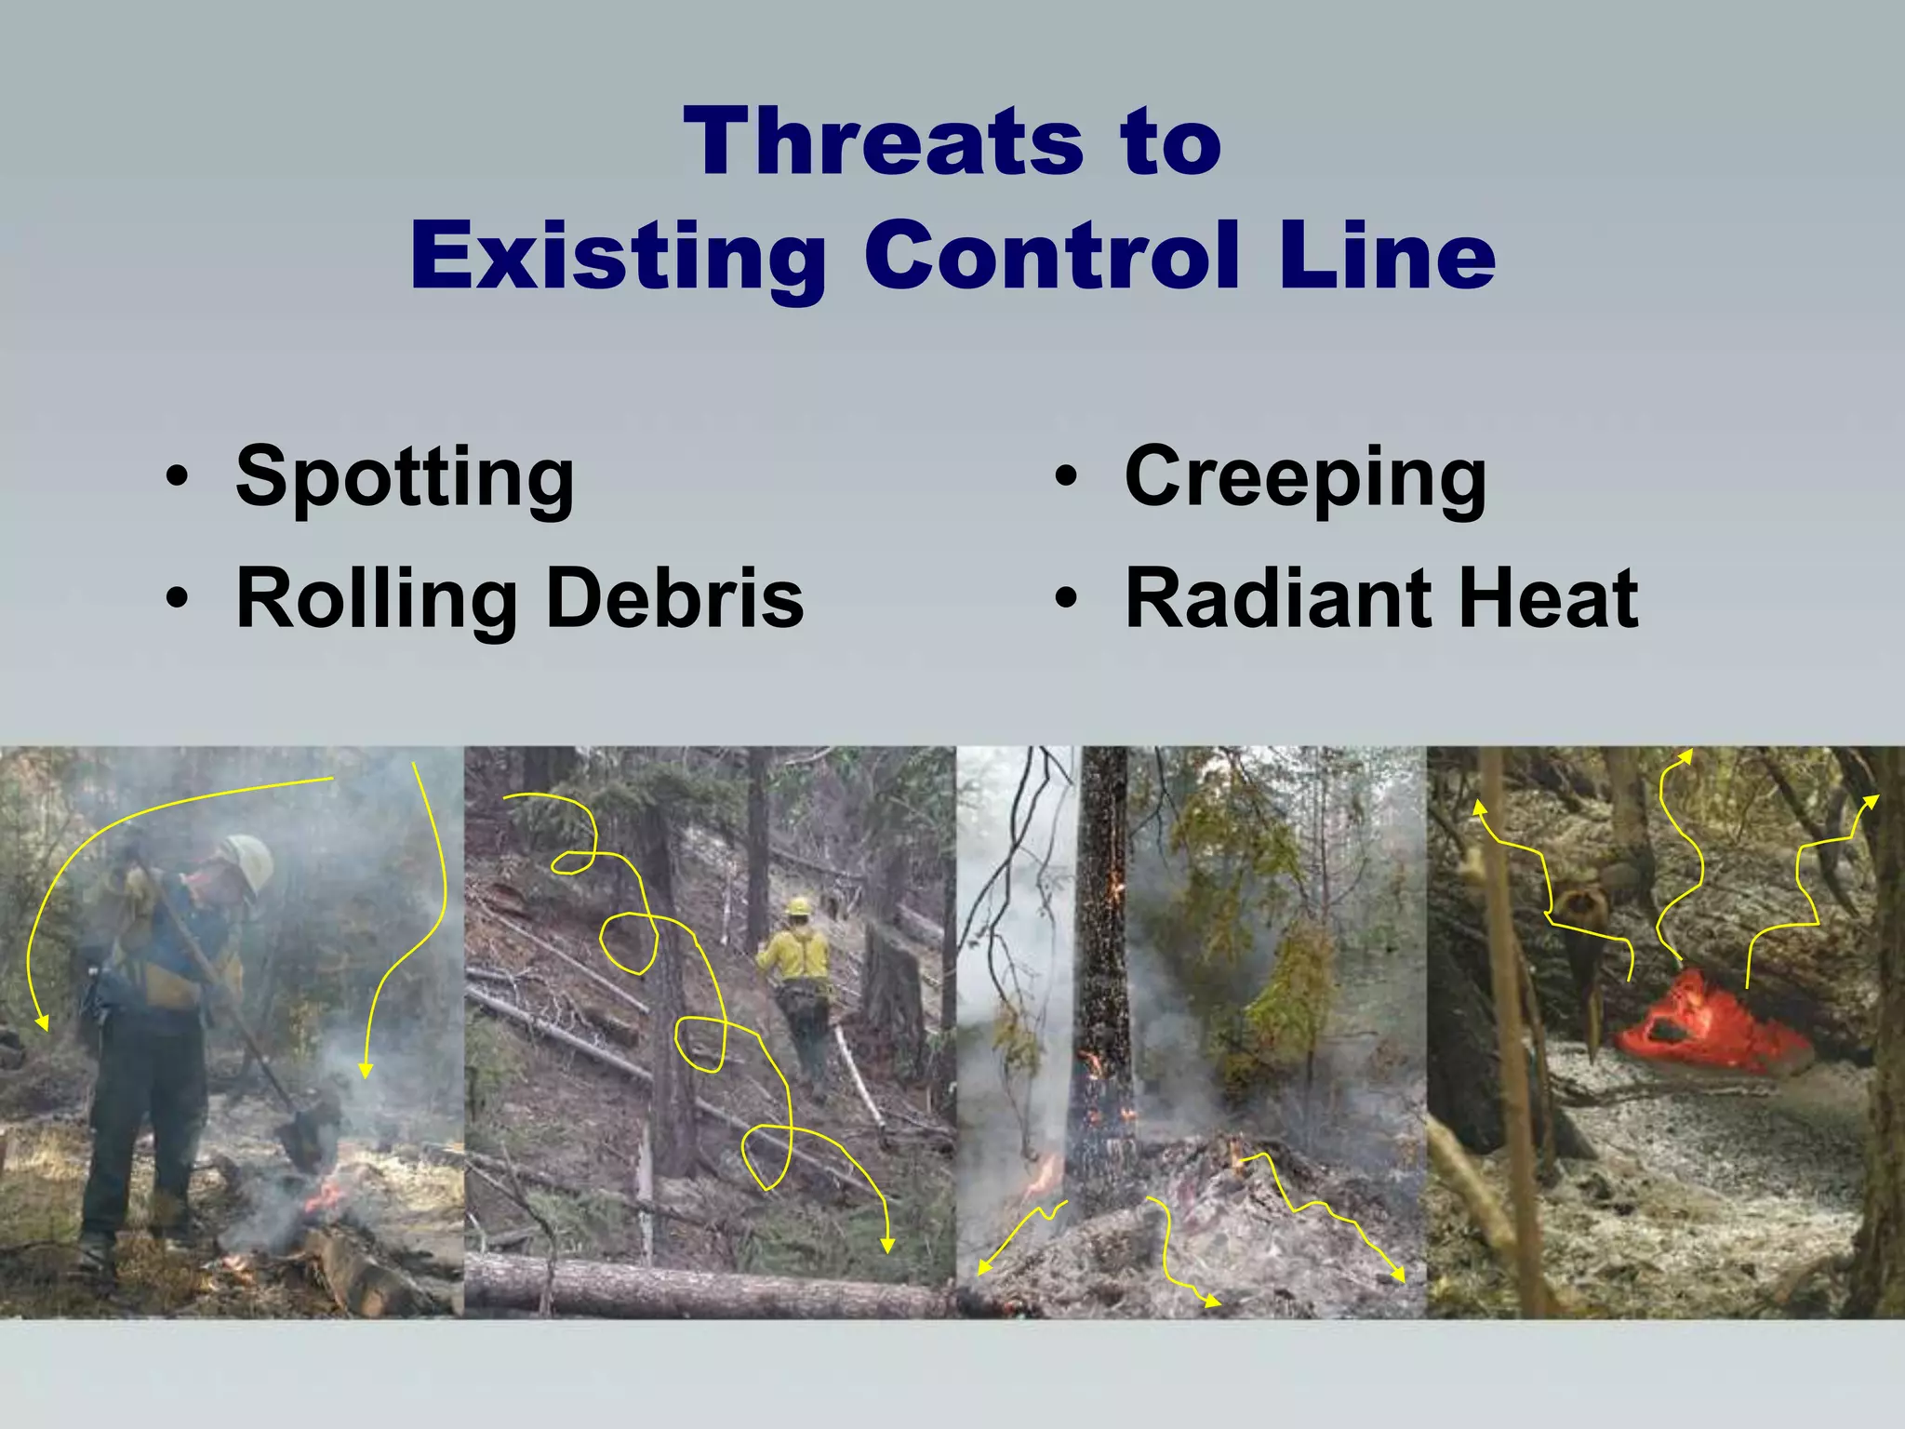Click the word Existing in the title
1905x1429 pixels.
pyautogui.click(x=618, y=255)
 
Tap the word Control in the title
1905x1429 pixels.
pyautogui.click(x=1052, y=255)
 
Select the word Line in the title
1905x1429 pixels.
pyautogui.click(x=1386, y=255)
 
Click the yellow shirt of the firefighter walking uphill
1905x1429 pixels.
pyautogui.click(x=796, y=954)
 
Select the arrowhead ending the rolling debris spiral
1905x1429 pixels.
pyautogui.click(x=887, y=1246)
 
